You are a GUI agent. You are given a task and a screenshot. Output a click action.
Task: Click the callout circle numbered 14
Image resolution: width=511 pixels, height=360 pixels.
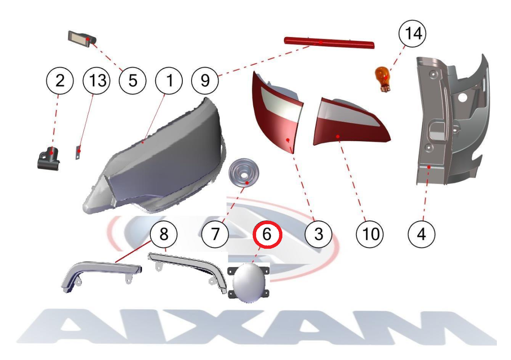412,34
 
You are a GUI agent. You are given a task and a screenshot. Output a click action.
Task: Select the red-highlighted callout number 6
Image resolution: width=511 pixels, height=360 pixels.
267,235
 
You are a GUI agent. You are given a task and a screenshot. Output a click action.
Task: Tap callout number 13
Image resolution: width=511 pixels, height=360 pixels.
96,80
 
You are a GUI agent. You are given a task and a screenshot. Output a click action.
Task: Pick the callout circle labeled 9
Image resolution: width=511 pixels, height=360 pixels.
205,80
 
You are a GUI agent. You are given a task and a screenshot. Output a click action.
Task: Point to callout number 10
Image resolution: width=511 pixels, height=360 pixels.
369,235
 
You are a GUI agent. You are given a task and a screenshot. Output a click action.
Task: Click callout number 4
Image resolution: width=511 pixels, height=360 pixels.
421,235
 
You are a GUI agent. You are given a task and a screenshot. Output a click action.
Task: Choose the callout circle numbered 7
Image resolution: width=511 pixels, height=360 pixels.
215,235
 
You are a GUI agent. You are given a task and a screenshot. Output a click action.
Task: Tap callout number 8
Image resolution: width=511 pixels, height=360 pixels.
164,235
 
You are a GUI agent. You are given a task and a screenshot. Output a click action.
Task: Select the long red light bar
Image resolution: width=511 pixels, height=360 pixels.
329,42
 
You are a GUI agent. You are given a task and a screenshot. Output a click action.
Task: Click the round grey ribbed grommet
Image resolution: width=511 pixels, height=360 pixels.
244,173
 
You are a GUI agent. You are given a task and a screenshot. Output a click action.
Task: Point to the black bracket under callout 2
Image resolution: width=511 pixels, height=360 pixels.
48,158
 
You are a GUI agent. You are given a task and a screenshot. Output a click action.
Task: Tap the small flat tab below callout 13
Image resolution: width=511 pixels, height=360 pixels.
78,152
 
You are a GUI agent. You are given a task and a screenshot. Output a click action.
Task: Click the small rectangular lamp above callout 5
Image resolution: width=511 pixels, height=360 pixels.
82,39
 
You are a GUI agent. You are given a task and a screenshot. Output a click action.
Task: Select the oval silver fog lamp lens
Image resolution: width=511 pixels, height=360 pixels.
249,283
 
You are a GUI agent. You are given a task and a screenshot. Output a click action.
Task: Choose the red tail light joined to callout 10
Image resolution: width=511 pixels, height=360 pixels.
351,122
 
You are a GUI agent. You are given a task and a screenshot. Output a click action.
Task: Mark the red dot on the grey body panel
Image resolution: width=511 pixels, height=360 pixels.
429,167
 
